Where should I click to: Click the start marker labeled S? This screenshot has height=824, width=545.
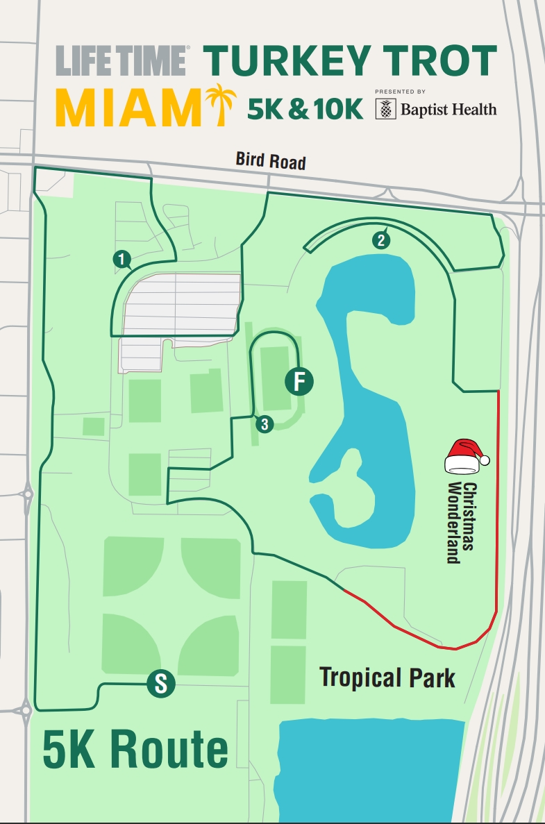coord(160,685)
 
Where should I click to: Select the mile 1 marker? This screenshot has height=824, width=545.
coord(122,260)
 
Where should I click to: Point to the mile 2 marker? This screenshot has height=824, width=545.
coord(380,240)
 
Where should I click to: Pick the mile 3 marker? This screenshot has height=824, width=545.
coord(264,423)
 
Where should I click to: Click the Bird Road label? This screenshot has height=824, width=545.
coord(271,162)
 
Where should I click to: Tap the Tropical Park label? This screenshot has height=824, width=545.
coord(387,677)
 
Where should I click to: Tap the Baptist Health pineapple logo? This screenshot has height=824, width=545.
coord(385,109)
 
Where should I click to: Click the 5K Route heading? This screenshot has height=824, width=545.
coord(135,750)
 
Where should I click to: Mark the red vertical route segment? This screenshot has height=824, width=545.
coord(498,500)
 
